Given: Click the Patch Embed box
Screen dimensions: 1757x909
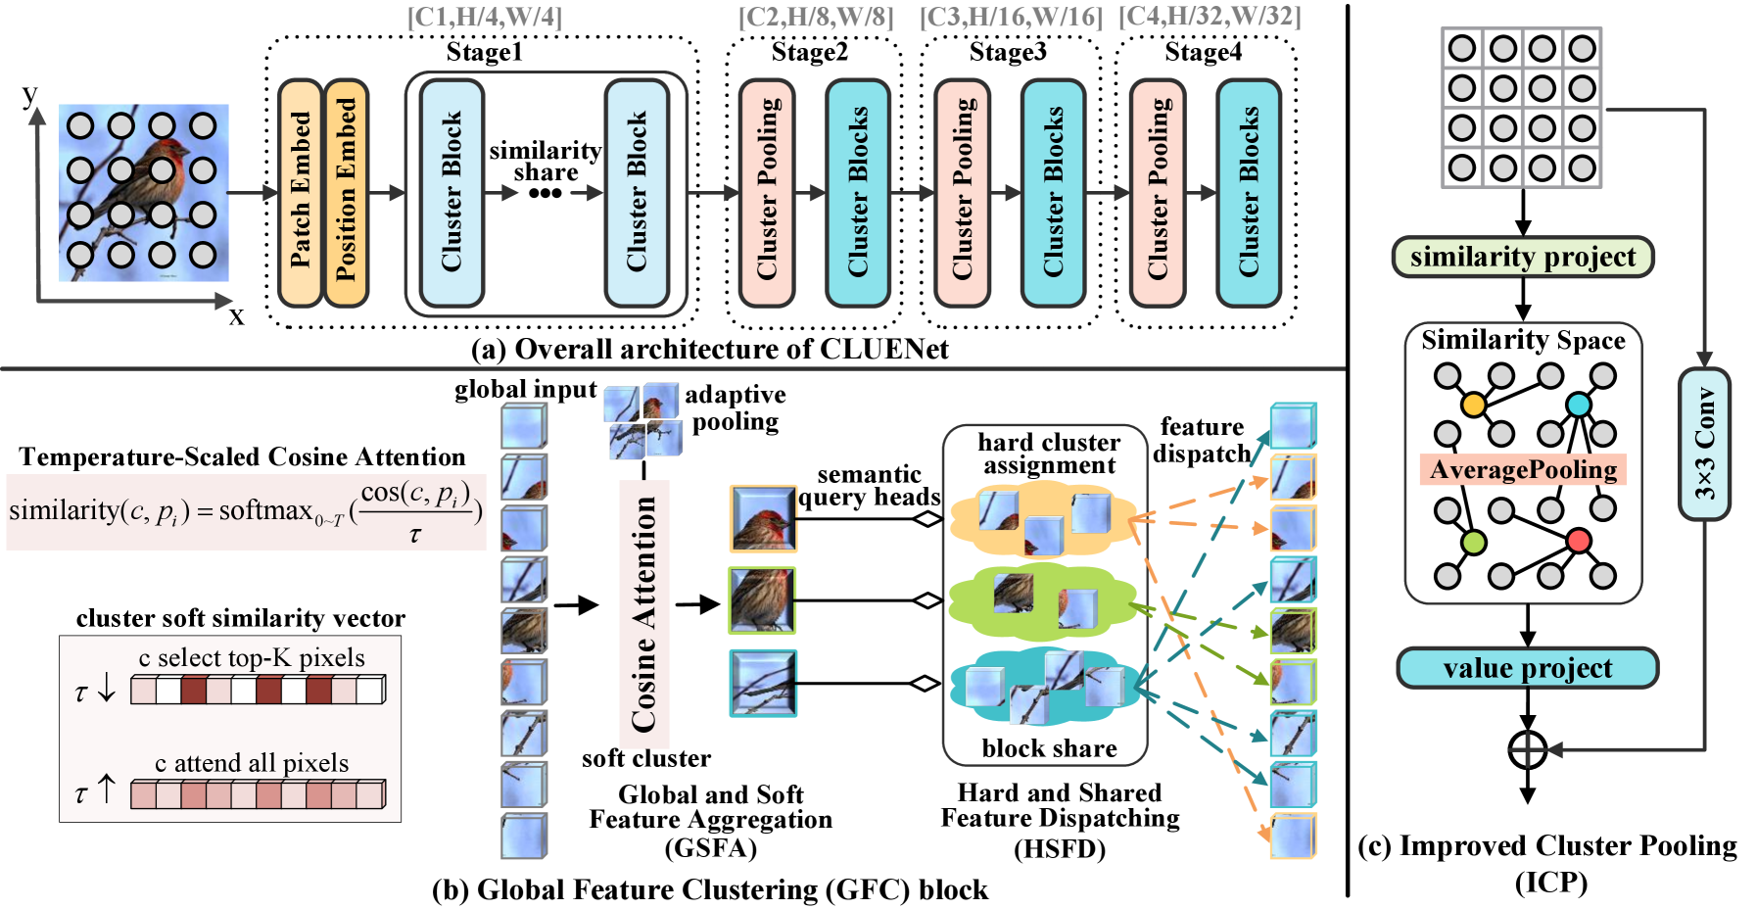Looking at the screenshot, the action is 301,193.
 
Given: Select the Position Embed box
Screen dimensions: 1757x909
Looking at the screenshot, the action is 347,193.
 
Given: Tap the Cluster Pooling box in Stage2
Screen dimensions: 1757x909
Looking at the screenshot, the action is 768,193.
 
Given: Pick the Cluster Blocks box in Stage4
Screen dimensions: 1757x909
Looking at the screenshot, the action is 1249,193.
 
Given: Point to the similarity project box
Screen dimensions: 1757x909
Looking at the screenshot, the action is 1523,257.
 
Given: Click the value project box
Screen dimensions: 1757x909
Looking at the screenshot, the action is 1527,668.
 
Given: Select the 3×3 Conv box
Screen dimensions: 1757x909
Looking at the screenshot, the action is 1704,444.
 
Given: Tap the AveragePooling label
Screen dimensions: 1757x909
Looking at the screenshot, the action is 1523,470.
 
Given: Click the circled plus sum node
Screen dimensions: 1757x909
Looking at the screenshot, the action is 1527,750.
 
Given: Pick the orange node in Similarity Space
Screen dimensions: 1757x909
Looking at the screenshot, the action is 1473,404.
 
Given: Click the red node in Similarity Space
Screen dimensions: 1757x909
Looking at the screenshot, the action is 1578,541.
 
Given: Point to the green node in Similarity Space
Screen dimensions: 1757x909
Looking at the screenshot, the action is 1473,542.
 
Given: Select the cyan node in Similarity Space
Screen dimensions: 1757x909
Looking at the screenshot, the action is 1578,404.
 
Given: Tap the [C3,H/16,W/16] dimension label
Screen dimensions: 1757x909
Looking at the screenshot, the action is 1011,17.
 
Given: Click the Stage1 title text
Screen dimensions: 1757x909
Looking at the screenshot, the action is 484,52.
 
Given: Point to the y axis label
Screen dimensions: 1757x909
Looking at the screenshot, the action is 30,94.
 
